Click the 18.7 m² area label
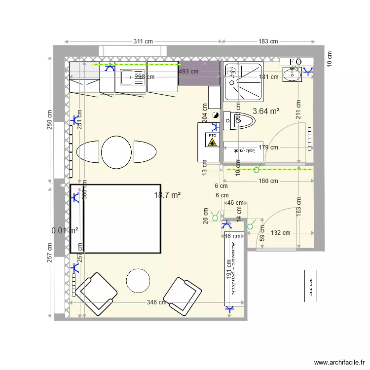point(167,195)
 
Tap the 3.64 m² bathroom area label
point(266,111)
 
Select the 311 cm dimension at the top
point(143,41)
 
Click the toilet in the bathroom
point(239,120)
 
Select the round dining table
point(116,151)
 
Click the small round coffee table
point(138,281)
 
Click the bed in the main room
point(116,219)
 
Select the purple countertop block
point(199,74)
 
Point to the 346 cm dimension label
point(156,302)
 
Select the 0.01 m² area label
point(65,230)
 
